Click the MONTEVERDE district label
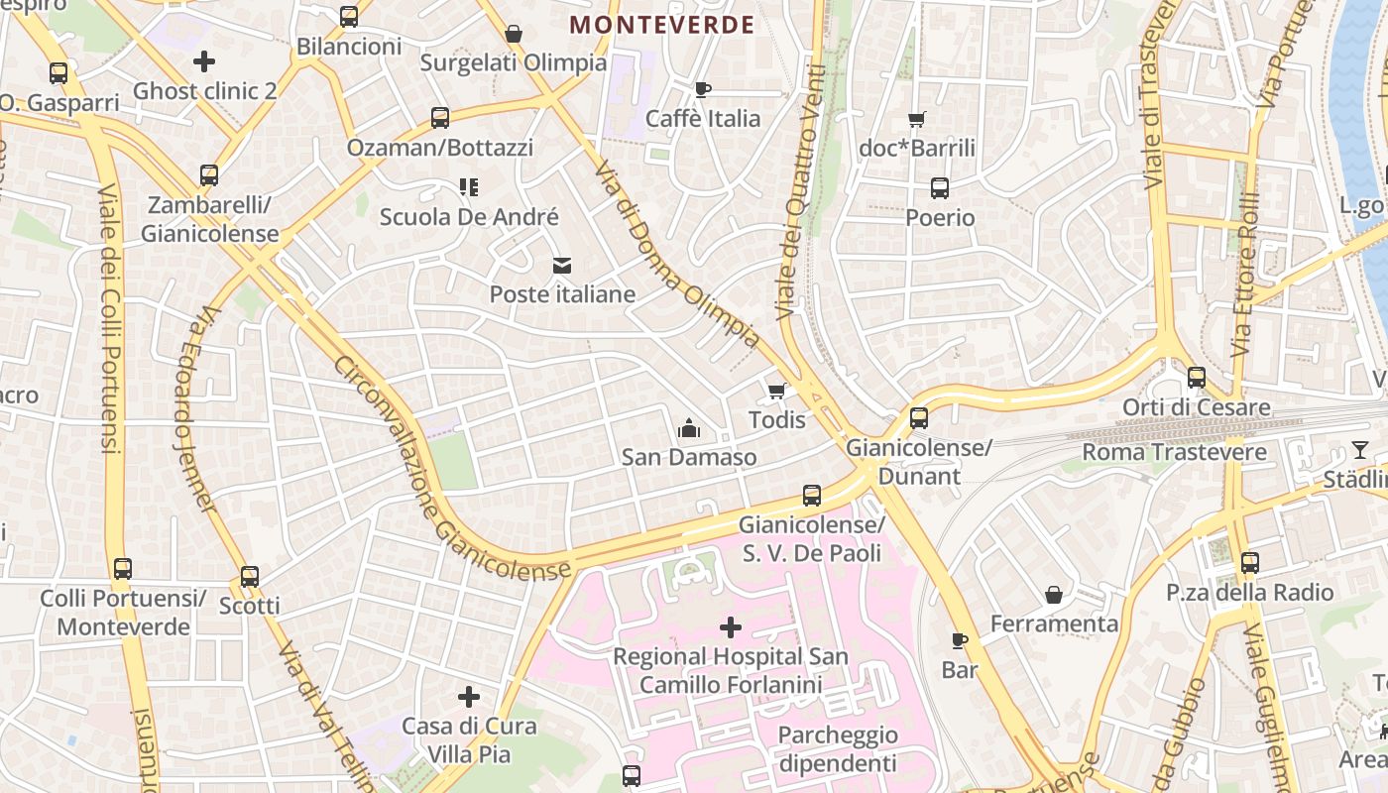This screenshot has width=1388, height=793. [x=662, y=25]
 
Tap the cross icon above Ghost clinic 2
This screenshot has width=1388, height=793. [x=204, y=61]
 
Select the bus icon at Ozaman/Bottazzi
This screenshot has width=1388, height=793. [x=440, y=118]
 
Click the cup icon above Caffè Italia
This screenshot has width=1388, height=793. [x=703, y=90]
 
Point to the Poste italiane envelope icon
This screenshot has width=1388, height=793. [x=562, y=265]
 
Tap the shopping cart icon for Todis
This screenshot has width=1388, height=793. [x=777, y=391]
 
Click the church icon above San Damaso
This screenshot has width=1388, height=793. [x=689, y=428]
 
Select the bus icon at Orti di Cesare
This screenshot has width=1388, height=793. [x=1197, y=378]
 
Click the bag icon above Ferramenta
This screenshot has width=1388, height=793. [x=1054, y=595]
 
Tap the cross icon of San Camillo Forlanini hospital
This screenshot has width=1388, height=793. [x=731, y=626]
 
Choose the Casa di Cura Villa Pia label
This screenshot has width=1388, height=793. [x=469, y=739]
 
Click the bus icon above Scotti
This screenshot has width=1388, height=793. [x=250, y=576]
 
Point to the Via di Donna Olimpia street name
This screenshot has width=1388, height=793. [x=678, y=255]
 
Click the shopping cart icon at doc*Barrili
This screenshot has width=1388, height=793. [x=917, y=119]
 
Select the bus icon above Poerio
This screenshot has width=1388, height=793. [x=940, y=187]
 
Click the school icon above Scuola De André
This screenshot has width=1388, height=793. [x=469, y=186]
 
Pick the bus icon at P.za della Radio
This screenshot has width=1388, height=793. [x=1249, y=563]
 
